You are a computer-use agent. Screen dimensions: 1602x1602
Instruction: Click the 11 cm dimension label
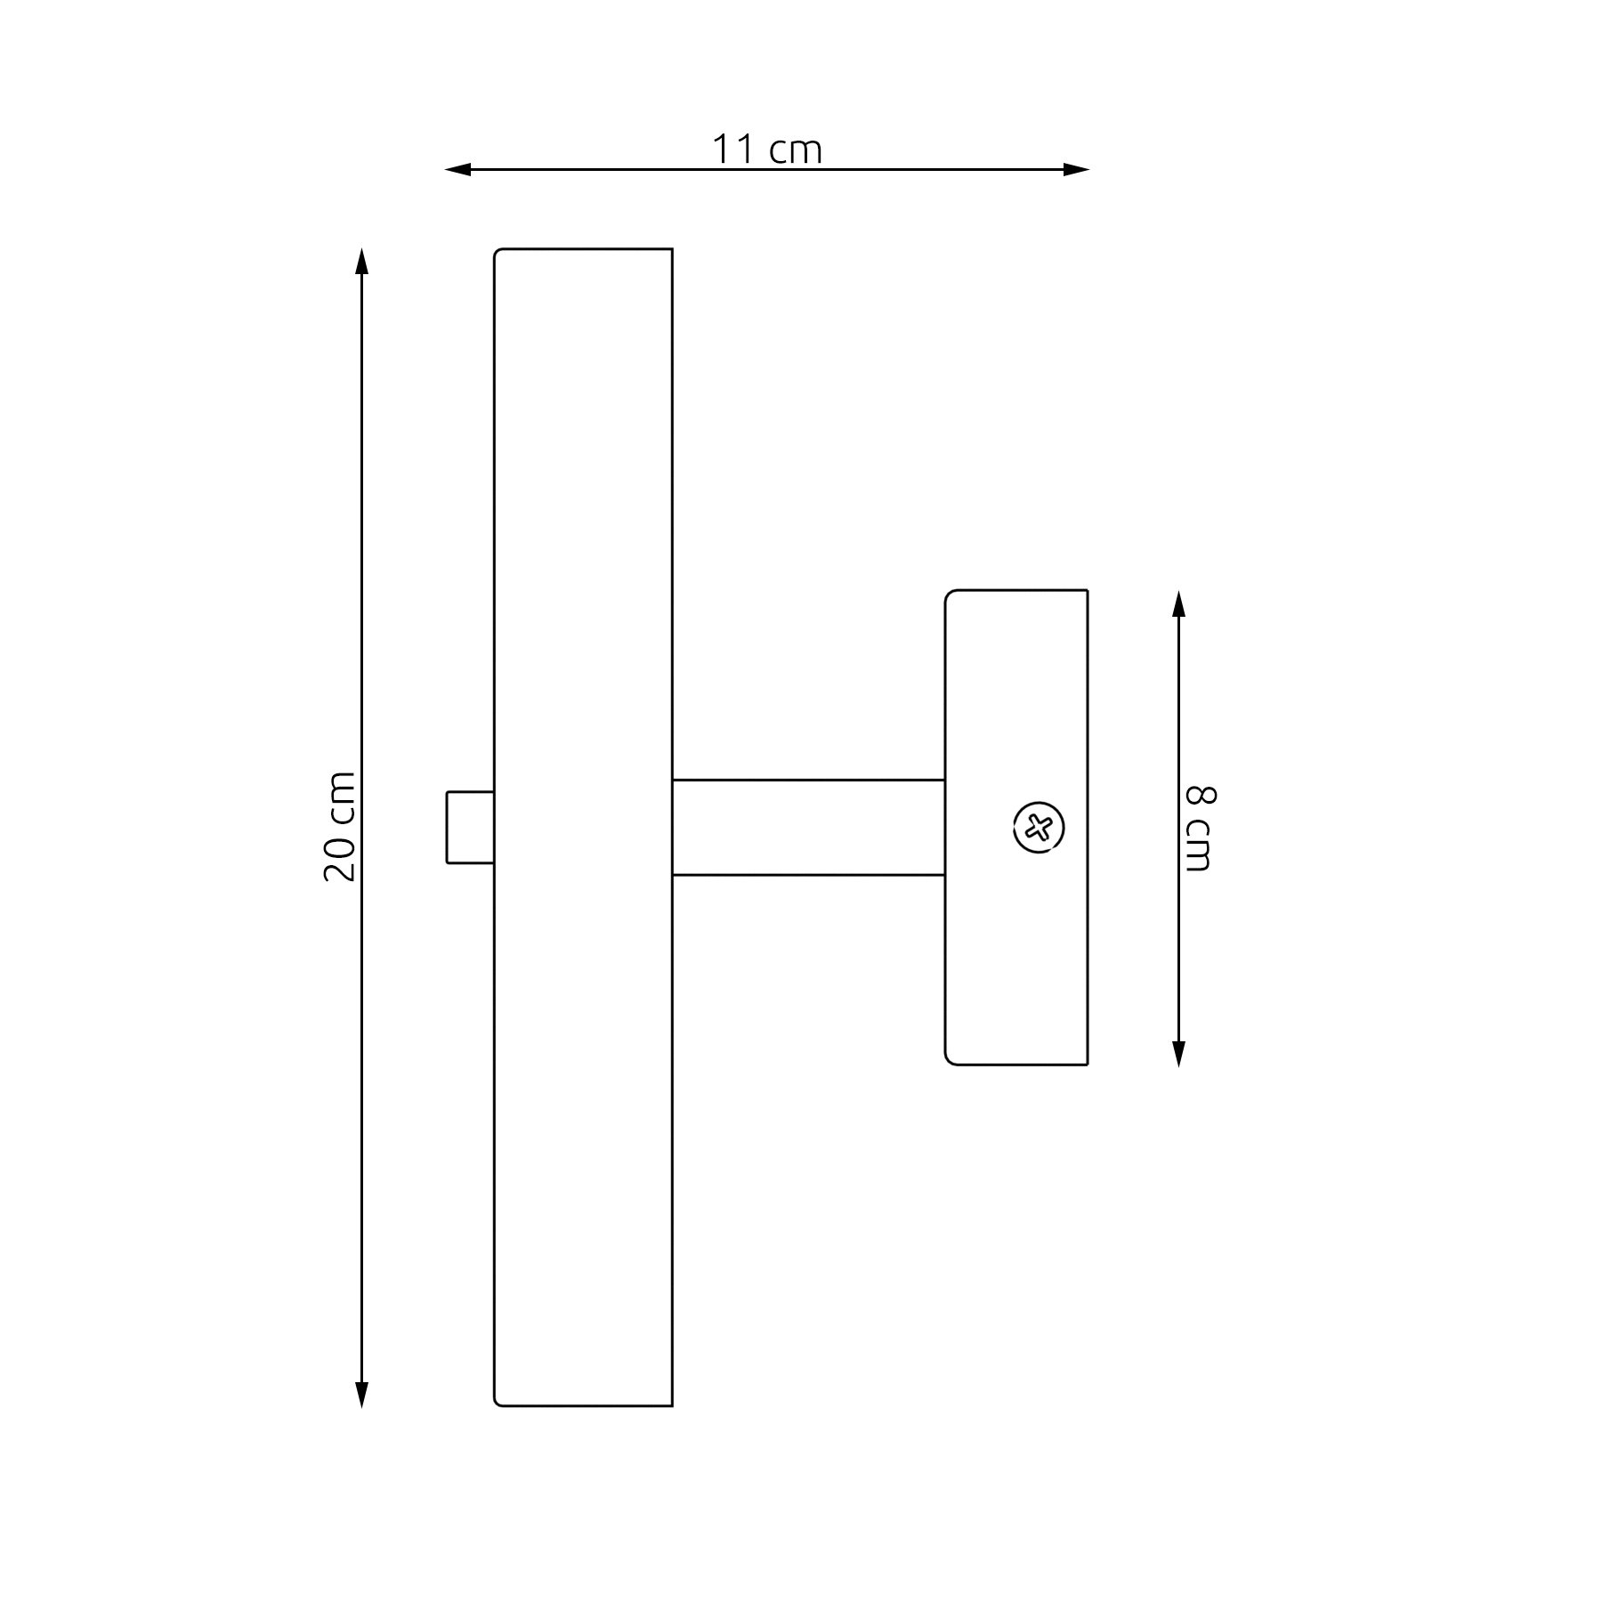point(766,150)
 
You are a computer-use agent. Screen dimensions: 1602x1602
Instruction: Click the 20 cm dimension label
point(339,827)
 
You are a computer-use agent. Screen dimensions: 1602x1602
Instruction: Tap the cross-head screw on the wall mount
point(1039,828)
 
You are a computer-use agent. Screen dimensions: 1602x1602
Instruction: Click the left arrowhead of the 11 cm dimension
point(457,169)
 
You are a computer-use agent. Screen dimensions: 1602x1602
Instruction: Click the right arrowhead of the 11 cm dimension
point(1076,169)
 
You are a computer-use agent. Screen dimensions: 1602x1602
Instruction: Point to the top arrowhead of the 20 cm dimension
point(361,262)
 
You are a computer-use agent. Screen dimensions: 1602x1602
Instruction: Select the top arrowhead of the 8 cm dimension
point(1179,603)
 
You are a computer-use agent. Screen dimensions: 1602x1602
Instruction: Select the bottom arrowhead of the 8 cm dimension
point(1179,1053)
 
